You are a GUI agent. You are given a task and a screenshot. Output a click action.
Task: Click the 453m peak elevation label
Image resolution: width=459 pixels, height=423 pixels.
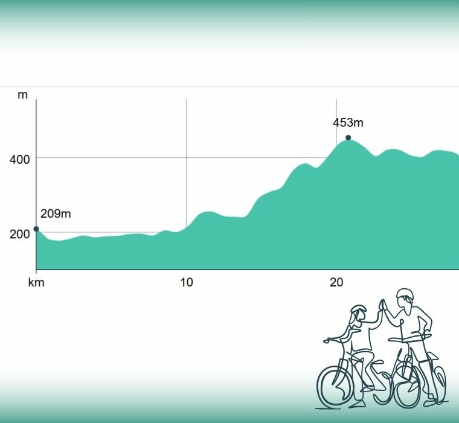click(348, 123)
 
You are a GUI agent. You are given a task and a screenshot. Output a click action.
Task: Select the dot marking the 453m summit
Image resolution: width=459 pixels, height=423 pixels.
click(348, 138)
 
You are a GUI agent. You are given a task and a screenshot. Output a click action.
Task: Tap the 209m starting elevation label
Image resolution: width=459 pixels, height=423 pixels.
click(56, 214)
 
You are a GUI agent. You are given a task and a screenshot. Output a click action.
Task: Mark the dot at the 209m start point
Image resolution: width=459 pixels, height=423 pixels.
click(36, 229)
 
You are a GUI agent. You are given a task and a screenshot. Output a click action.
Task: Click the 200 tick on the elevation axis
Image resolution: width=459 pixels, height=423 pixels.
click(19, 234)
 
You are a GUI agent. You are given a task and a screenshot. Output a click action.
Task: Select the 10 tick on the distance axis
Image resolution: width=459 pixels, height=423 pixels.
click(187, 282)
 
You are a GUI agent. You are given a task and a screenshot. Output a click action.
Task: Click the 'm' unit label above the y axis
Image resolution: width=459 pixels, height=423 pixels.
click(22, 95)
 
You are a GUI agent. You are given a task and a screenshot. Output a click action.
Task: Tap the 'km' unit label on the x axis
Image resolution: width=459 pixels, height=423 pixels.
click(36, 282)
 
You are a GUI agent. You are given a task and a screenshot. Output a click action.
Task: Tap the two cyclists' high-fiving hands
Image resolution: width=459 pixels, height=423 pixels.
click(382, 304)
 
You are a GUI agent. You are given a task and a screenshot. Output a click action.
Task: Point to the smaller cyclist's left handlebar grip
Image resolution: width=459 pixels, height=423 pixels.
click(328, 341)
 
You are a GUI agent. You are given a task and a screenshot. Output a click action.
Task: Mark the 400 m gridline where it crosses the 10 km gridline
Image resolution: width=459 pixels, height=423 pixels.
click(187, 158)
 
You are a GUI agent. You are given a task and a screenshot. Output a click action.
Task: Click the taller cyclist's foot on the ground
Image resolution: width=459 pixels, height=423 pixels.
click(429, 401)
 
